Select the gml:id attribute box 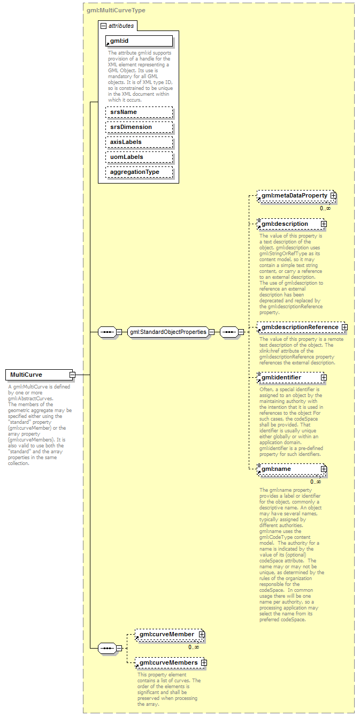click(139, 41)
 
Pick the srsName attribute click(139, 112)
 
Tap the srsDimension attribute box click(139, 127)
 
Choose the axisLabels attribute click(139, 142)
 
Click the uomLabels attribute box click(139, 157)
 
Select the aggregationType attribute click(139, 172)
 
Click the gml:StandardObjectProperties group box click(167, 332)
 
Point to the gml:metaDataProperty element click(294, 196)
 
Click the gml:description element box click(289, 224)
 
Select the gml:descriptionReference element click(300, 327)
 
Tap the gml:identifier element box click(289, 377)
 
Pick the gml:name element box click(289, 469)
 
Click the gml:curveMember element click(166, 634)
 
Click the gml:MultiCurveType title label click(116, 10)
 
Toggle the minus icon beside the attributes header click(104, 26)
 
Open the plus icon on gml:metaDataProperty click(333, 196)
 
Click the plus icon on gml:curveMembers click(203, 662)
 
